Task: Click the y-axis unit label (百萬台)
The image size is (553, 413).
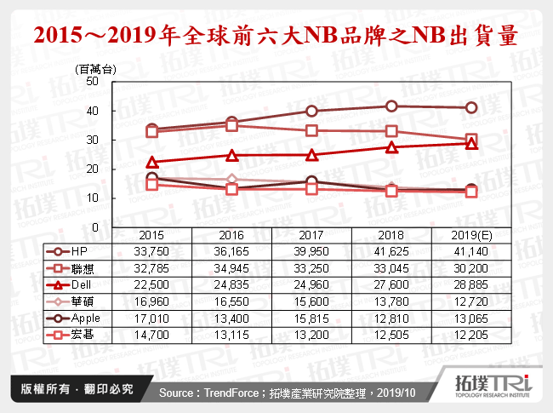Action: click(95, 68)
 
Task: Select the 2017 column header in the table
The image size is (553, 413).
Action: click(311, 234)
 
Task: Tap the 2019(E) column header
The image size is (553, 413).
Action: click(470, 234)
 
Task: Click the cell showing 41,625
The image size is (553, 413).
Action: click(391, 250)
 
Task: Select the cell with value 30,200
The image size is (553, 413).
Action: click(470, 267)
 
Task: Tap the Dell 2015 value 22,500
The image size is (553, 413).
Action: click(152, 283)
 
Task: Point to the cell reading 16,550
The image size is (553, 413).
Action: click(231, 299)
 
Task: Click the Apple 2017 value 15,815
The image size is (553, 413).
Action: click(311, 315)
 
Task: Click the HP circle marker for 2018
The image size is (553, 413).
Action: click(391, 106)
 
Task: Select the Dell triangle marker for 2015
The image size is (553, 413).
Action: click(152, 162)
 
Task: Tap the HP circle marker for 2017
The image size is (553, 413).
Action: click(311, 111)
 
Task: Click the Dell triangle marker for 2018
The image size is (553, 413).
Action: click(391, 146)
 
